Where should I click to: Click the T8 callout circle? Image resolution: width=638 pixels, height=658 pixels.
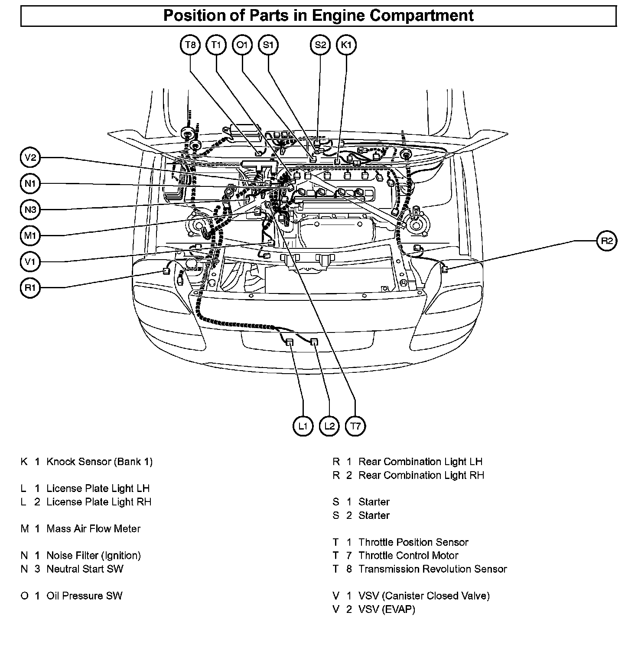[x=190, y=45]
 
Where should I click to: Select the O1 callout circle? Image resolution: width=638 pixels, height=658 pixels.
[x=242, y=45]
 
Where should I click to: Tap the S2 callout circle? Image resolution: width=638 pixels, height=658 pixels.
[x=320, y=45]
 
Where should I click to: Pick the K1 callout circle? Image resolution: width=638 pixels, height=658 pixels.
[x=346, y=45]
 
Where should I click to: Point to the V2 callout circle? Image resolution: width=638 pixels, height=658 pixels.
[x=30, y=158]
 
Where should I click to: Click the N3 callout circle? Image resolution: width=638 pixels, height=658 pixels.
[x=30, y=210]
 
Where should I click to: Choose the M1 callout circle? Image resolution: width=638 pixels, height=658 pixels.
[x=30, y=236]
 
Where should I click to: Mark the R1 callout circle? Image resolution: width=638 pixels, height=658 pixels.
[x=30, y=287]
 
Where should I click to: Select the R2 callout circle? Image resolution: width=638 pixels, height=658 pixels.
[x=607, y=241]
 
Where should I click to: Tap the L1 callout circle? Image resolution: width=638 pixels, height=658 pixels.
[x=303, y=426]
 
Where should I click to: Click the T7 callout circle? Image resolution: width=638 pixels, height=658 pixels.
[x=355, y=426]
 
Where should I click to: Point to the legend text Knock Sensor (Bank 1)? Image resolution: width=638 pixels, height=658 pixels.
[x=99, y=462]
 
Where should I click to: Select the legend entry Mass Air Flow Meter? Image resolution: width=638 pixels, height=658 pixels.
[x=93, y=529]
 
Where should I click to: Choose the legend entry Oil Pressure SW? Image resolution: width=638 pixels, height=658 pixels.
[x=84, y=596]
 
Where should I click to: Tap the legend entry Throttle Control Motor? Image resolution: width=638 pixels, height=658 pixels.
[x=408, y=555]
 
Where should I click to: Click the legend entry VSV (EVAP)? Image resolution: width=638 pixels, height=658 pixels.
[x=387, y=609]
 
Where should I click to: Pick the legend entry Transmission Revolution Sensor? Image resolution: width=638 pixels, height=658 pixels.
[x=433, y=569]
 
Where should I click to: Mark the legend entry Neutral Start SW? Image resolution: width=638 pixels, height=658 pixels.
[x=85, y=569]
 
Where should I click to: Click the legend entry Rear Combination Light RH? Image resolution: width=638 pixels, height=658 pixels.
[x=421, y=475]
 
